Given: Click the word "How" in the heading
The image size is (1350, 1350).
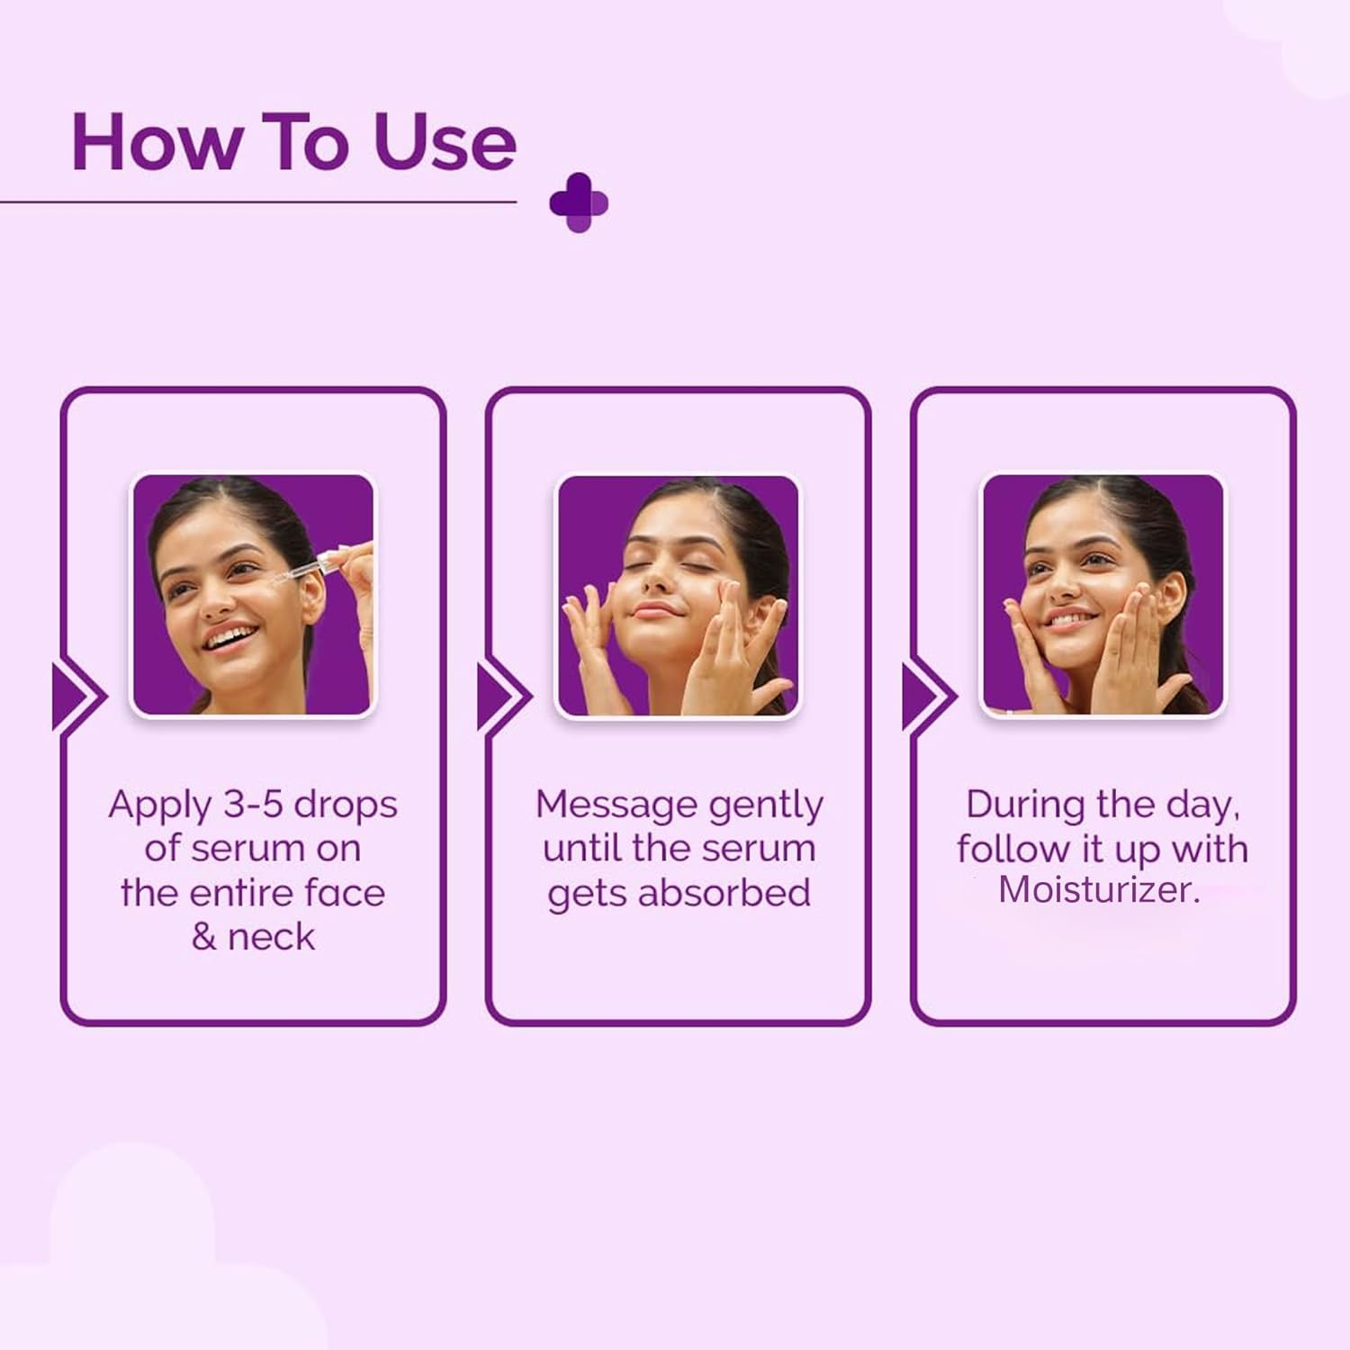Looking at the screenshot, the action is [157, 142].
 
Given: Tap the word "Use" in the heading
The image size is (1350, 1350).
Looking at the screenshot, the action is [445, 142].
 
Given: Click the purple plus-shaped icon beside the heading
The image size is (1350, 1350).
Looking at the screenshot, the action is [579, 202].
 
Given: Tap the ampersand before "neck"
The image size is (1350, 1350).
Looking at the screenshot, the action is [203, 937].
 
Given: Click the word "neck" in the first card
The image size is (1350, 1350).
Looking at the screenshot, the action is [271, 937].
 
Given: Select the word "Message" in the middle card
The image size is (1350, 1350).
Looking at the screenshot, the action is [616, 804].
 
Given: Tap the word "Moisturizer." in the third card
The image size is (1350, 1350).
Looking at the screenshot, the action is [1099, 889].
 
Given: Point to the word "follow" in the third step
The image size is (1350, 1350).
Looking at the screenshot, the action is [1012, 849].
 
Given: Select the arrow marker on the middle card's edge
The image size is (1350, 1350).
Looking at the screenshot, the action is [505, 697].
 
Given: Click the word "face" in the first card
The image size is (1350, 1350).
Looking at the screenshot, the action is [345, 893].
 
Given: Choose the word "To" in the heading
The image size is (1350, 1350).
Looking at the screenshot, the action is [306, 142].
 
